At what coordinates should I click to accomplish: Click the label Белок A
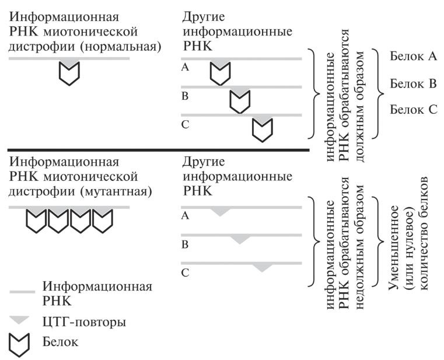click(x=412, y=56)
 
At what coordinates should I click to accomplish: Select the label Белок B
click(x=412, y=83)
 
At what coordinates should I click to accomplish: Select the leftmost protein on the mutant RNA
click(x=37, y=221)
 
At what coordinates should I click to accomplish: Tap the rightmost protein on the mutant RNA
click(x=103, y=221)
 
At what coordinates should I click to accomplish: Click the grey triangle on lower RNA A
click(x=219, y=211)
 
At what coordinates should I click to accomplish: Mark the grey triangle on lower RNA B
click(x=240, y=239)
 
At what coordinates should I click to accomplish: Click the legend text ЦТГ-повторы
click(x=85, y=321)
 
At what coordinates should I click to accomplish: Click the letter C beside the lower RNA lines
click(x=185, y=272)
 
